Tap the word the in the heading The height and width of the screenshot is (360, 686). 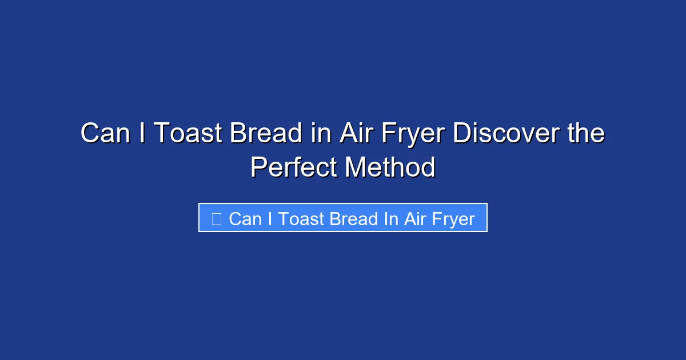(x=585, y=134)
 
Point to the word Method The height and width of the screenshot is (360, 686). (x=390, y=168)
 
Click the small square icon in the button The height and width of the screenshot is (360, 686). (x=216, y=218)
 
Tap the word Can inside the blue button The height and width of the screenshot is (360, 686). (x=245, y=218)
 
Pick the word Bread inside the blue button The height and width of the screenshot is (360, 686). (x=354, y=218)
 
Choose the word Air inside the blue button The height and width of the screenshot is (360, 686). (x=416, y=218)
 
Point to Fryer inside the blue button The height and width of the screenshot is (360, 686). (x=454, y=218)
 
